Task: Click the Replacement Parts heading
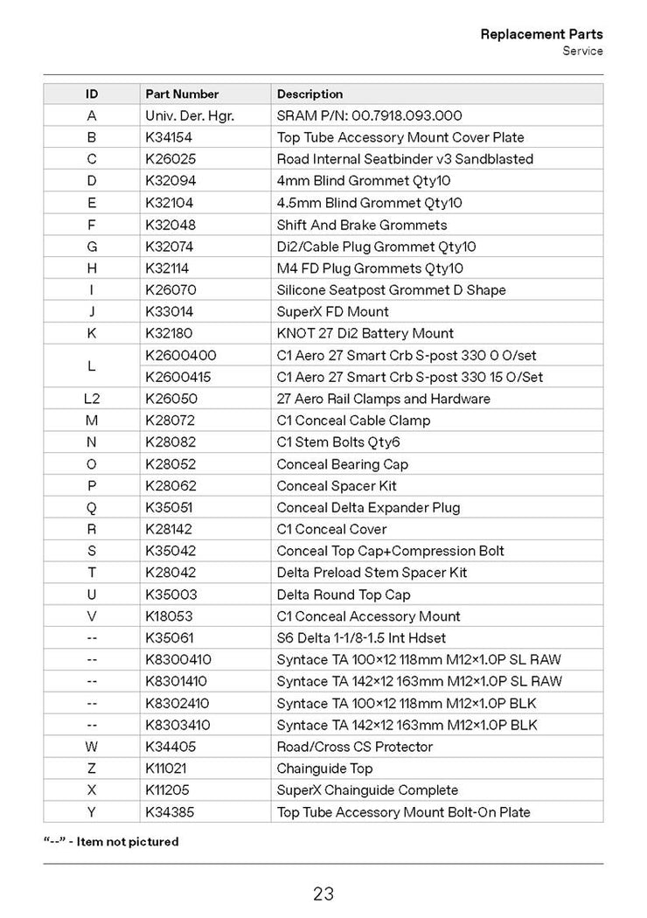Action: pos(541,34)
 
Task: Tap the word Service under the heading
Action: pos(582,51)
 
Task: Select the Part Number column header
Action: pos(182,94)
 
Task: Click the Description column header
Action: pos(310,94)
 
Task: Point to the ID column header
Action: pos(92,94)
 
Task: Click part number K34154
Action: pos(169,137)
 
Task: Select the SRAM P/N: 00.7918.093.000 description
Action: pos(369,115)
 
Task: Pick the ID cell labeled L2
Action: pos(92,399)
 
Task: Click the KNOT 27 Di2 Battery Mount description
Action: pos(365,333)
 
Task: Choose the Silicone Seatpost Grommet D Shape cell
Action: pos(391,289)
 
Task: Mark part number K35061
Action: pos(169,637)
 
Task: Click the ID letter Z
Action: pos(92,768)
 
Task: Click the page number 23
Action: pos(323,894)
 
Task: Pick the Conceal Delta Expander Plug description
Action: pos(368,507)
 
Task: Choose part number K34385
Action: pos(170,811)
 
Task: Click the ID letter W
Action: pos(92,747)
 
